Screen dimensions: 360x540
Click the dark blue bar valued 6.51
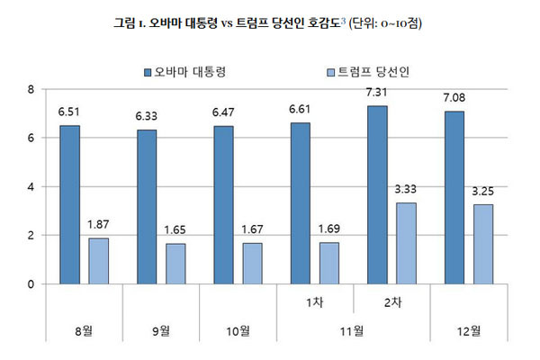coord(70,205)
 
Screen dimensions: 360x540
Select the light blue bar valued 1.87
coord(98,261)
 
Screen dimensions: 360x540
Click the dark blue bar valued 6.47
coord(225,205)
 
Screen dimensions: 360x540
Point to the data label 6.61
coord(302,110)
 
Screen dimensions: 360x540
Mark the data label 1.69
coord(330,229)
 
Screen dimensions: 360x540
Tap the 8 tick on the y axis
coord(31,89)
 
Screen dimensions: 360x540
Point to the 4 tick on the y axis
coord(31,187)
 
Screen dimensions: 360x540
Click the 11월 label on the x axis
coord(353,331)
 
